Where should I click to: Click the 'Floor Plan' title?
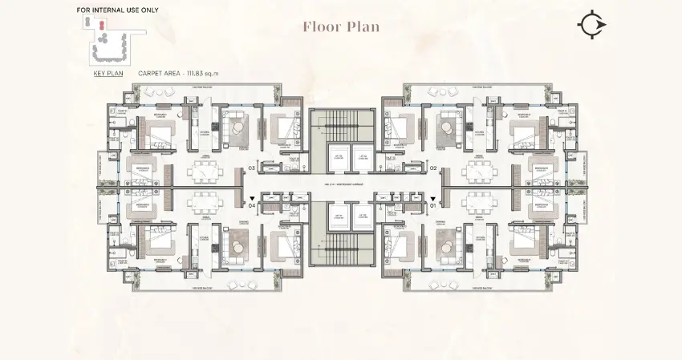pos(340,26)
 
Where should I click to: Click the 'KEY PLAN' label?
pos(108,73)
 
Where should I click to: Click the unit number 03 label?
pos(251,169)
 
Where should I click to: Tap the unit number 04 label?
pos(251,205)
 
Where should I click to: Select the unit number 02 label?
pos(432,169)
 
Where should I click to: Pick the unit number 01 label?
pos(432,205)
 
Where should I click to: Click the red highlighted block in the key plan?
pos(102,24)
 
